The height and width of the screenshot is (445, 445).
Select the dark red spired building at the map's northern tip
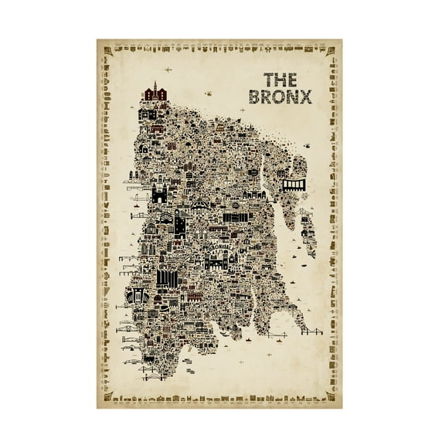(155, 94)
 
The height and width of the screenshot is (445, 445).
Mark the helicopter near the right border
(307, 144)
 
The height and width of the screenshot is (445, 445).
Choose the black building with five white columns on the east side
(294, 185)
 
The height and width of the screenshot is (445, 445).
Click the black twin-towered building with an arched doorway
(160, 193)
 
